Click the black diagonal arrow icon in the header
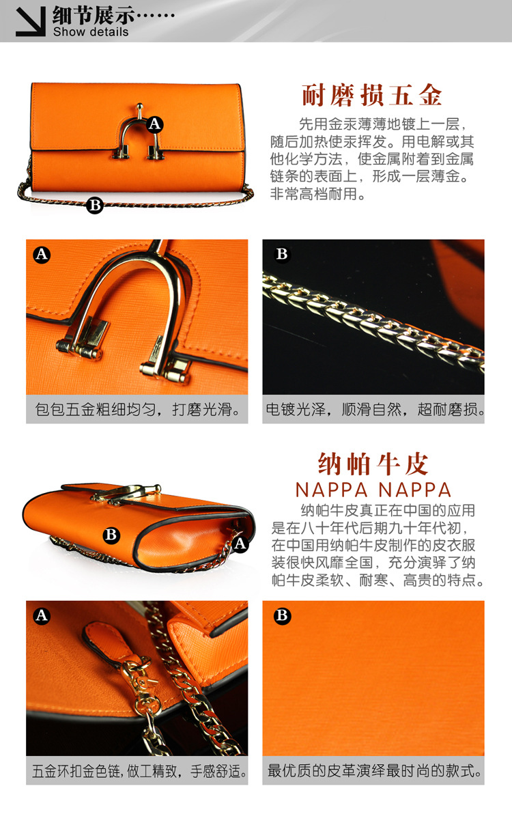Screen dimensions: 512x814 click(31, 20)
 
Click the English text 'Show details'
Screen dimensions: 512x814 click(91, 31)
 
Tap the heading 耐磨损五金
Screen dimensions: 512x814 click(372, 96)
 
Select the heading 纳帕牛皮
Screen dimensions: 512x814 click(373, 464)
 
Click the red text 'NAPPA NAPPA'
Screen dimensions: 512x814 click(373, 490)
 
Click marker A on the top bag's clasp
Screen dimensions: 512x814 click(154, 124)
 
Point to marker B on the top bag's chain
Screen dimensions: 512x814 click(95, 205)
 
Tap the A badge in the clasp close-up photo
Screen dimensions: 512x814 click(42, 254)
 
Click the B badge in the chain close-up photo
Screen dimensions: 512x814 click(282, 254)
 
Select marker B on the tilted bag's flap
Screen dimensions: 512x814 click(111, 535)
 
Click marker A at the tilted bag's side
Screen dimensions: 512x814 click(240, 544)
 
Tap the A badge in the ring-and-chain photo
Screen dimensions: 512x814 click(42, 616)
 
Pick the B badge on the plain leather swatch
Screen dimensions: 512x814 click(282, 616)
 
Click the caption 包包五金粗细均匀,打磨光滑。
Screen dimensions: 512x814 click(138, 410)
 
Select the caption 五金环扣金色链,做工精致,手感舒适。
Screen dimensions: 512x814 click(139, 771)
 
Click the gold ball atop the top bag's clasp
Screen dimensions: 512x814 click(139, 107)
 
